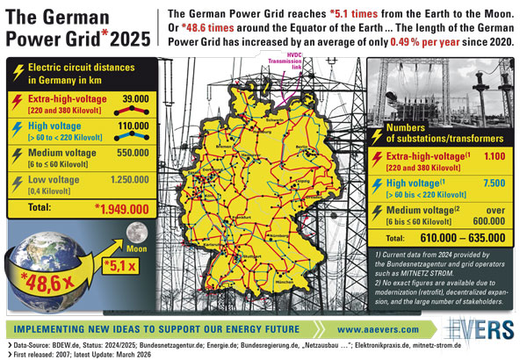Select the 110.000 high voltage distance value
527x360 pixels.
click(x=133, y=126)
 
